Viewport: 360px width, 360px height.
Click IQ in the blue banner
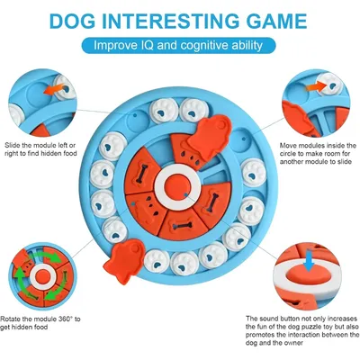159,44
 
